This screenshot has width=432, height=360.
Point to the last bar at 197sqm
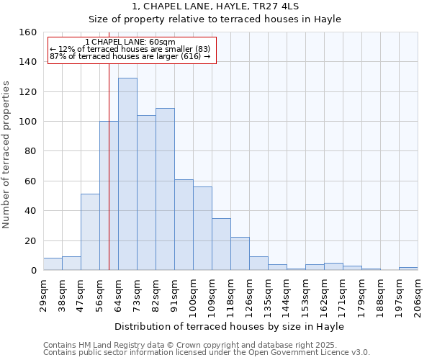[408, 269]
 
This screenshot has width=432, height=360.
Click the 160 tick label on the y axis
[28, 32]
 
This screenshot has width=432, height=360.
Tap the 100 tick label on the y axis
[28, 122]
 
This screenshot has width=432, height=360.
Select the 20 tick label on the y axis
[31, 241]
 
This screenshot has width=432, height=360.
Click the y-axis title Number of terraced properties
[7, 155]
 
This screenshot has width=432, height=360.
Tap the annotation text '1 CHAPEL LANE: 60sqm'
[130, 42]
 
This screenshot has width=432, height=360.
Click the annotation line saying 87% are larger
[130, 56]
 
